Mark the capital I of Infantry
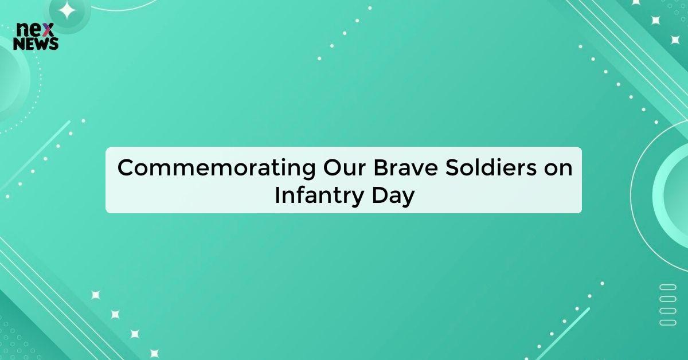click(277, 195)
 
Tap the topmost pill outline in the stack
click(668, 287)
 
